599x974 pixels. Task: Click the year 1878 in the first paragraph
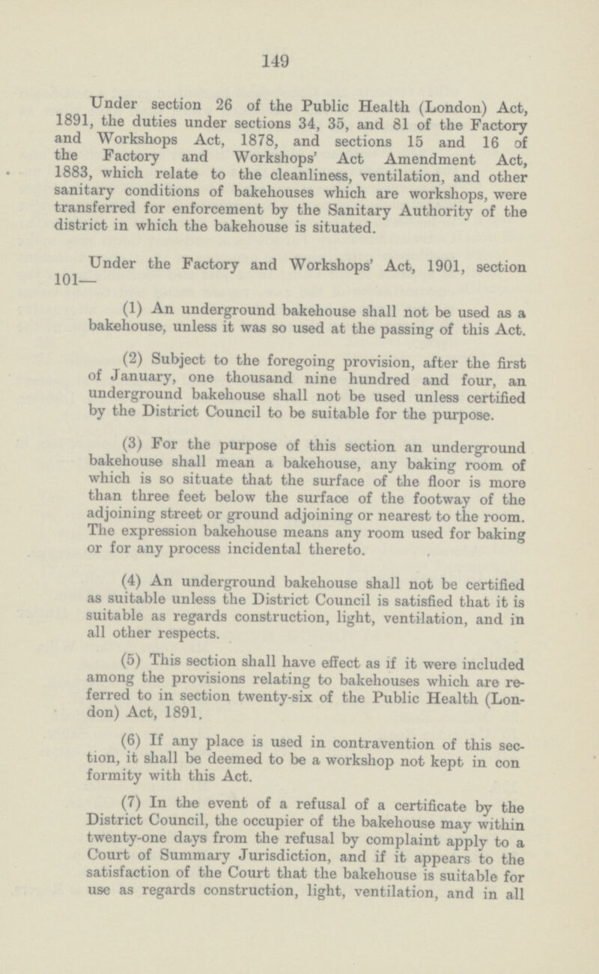(265, 140)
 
